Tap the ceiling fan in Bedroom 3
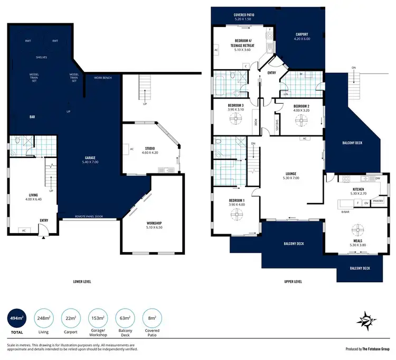coord(236,120)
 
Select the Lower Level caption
coord(82,282)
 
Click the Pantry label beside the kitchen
coord(378,201)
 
